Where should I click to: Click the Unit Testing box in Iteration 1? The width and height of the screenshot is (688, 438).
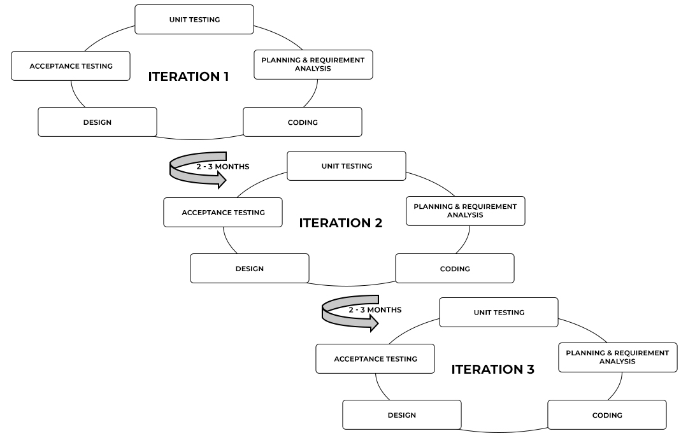[194, 19]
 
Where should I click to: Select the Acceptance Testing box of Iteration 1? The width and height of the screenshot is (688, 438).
[71, 66]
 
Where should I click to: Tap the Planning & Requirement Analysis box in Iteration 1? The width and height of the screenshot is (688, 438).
[313, 64]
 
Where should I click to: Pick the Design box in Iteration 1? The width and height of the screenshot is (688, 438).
[97, 122]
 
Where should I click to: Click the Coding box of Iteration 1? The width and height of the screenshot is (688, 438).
[303, 122]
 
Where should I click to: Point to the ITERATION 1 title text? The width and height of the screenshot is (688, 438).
[189, 76]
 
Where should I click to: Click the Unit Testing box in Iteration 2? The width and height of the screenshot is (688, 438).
[347, 166]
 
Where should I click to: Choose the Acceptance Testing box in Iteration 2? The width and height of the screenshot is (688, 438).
[223, 212]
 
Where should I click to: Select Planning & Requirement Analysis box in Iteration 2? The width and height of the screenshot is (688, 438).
[465, 211]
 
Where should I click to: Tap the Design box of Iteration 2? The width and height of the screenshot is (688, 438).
[249, 268]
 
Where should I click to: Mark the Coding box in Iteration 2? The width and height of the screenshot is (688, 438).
[455, 268]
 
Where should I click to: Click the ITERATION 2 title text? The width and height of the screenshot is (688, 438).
[341, 223]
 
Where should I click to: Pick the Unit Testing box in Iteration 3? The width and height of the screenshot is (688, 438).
[499, 312]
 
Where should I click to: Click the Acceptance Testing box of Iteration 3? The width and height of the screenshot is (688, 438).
[375, 358]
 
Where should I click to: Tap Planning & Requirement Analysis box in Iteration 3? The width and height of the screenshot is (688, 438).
[617, 357]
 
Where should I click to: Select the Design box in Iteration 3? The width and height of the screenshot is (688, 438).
[401, 414]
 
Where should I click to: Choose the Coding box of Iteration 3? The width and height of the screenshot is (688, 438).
[607, 414]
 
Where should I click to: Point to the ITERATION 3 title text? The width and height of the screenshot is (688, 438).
[493, 369]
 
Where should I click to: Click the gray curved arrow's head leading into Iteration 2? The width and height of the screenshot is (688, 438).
[220, 181]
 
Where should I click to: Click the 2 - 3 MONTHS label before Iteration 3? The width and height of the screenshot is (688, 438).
[375, 309]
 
